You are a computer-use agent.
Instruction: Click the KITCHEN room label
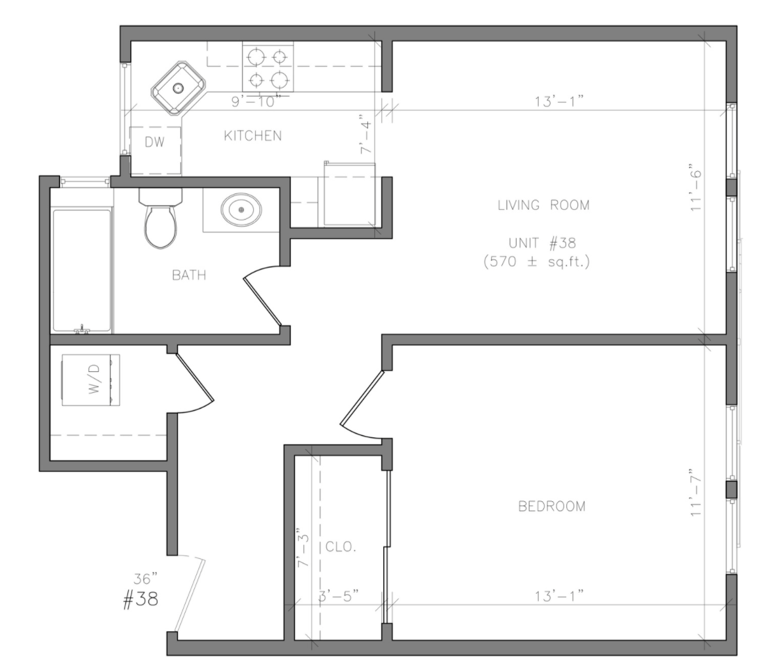[252, 136]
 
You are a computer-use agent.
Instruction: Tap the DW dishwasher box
[155, 143]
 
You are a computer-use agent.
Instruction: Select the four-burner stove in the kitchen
[267, 67]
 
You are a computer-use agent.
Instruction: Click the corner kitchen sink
[178, 88]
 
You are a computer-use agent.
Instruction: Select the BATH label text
[189, 275]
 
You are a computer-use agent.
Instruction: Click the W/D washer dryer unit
[91, 380]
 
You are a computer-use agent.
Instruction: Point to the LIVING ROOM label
[543, 205]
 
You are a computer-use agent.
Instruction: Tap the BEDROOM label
[551, 506]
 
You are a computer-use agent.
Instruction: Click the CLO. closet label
[341, 547]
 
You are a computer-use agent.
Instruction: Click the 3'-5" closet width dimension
[339, 596]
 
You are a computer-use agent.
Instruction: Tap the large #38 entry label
[141, 599]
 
